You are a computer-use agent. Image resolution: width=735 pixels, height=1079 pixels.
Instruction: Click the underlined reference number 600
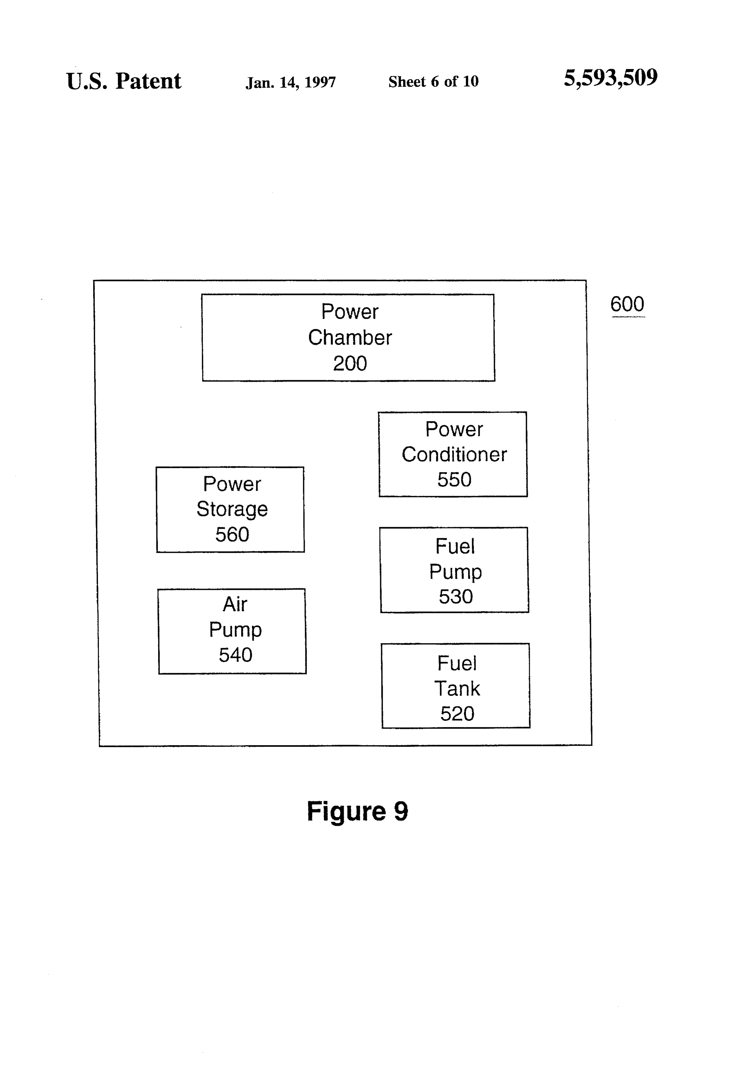tap(627, 305)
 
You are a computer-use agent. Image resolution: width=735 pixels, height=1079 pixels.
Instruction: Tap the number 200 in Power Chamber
tap(350, 363)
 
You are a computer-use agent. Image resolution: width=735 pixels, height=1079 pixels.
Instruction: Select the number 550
tap(454, 479)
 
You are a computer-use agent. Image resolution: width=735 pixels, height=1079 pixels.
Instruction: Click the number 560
tap(232, 534)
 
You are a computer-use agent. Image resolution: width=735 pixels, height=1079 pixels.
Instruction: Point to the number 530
tap(456, 596)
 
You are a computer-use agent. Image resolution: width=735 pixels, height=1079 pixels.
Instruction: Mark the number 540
tap(236, 655)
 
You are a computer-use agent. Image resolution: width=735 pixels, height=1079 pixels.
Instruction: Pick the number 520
tap(457, 714)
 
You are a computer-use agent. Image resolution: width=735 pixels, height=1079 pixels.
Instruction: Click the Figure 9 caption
tap(357, 811)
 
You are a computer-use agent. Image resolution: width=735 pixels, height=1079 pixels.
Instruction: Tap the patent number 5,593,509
tap(610, 78)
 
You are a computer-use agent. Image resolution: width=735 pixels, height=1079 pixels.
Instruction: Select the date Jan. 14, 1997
tap(291, 83)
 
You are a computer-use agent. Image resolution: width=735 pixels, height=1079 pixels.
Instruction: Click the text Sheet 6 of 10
tap(433, 82)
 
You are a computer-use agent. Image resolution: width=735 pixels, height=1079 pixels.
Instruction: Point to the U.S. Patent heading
tap(124, 81)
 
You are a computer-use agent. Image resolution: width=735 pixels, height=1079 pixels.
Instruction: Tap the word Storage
tap(232, 510)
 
